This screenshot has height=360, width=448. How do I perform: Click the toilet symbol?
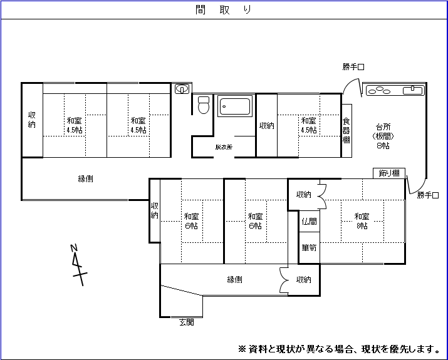[204, 105]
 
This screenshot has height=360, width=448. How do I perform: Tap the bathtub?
[235, 106]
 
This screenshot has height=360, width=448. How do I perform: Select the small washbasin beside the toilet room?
[182, 89]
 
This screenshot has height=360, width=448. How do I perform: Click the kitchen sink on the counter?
[412, 90]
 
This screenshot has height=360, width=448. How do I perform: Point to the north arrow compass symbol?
[78, 265]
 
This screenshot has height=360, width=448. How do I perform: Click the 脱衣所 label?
[224, 147]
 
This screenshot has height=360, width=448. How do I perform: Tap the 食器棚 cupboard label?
[346, 130]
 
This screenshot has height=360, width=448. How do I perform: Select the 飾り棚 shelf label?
[389, 173]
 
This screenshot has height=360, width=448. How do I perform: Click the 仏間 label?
[309, 221]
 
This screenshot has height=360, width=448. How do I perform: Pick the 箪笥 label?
[309, 247]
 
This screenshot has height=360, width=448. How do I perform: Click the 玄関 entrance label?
[187, 322]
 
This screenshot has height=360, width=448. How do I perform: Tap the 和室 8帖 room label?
[362, 221]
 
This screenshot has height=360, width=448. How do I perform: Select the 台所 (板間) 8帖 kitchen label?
[383, 136]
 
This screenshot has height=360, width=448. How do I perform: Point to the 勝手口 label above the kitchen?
[353, 67]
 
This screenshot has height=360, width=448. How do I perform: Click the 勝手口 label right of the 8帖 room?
[428, 195]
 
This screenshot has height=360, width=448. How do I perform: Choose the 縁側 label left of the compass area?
[85, 178]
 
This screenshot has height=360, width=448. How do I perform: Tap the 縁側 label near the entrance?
[234, 279]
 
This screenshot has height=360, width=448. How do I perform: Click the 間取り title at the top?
[224, 10]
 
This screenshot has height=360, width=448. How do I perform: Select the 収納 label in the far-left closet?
[32, 120]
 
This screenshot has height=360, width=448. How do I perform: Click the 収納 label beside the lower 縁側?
[303, 279]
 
